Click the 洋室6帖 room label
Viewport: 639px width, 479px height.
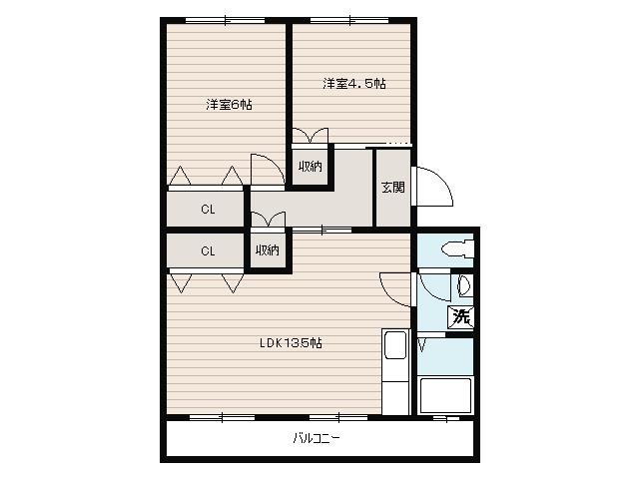(229, 105)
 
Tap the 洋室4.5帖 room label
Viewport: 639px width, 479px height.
(354, 84)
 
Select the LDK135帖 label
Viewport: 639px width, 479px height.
(291, 343)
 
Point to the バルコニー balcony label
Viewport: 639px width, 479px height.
(317, 438)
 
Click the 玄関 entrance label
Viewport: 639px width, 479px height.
(392, 187)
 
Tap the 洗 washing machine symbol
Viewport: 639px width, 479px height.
(461, 316)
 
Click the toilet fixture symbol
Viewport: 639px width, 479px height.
(457, 248)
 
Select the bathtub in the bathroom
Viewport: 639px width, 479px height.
(445, 395)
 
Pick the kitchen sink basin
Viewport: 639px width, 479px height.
(395, 345)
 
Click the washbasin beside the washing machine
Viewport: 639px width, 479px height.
(463, 285)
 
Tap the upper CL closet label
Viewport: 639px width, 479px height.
(208, 210)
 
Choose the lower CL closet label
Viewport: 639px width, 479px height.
(208, 250)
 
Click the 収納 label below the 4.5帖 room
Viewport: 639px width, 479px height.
(311, 167)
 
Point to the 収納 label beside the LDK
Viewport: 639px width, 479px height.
(268, 249)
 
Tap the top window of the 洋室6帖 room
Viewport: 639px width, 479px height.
(226, 20)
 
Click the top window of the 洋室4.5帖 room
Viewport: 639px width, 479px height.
(349, 20)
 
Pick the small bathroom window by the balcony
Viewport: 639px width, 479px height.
(446, 418)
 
